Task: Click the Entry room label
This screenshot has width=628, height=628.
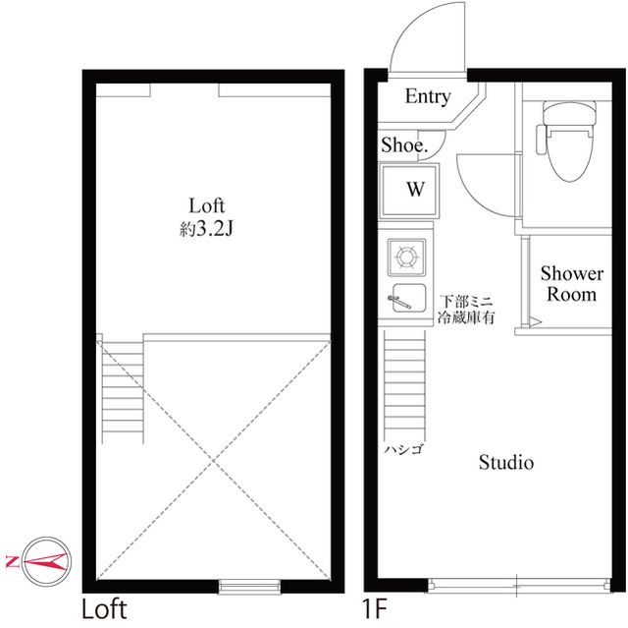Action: tap(428, 96)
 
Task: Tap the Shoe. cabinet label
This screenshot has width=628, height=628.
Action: tap(404, 144)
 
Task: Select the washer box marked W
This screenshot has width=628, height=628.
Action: tap(415, 190)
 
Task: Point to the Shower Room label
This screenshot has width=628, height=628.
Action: tap(571, 283)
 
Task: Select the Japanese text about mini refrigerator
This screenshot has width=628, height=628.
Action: tap(470, 309)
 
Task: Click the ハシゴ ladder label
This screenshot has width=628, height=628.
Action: tap(402, 449)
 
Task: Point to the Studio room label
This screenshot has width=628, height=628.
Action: tap(505, 462)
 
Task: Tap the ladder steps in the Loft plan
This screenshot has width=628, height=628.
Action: tap(123, 388)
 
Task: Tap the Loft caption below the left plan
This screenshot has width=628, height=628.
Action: tap(103, 608)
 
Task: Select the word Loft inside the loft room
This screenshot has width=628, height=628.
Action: tap(207, 205)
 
